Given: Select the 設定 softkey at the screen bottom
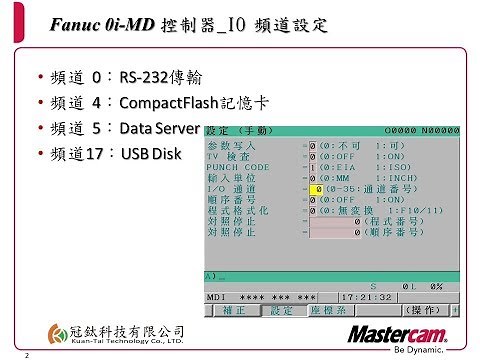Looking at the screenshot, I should pyautogui.click(x=281, y=311).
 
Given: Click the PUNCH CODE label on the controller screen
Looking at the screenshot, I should pyautogui.click(x=238, y=167).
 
